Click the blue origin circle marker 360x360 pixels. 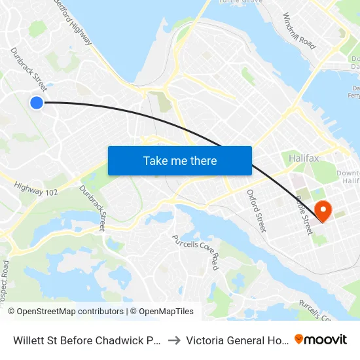(37, 102)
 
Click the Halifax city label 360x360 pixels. (303, 158)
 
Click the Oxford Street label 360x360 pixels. (256, 211)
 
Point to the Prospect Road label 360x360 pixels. (5, 275)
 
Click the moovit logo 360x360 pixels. (321, 340)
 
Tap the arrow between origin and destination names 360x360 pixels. (175, 340)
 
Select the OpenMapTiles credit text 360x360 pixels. (164, 312)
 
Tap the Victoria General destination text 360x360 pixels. (236, 340)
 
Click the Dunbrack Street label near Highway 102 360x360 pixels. (92, 207)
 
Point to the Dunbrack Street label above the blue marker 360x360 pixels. (28, 69)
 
